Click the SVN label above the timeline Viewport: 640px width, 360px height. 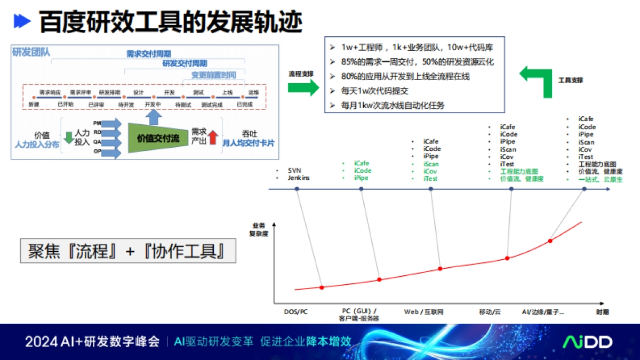point(294,170)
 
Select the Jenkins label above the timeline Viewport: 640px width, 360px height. point(299,178)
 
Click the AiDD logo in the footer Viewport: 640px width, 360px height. point(588,342)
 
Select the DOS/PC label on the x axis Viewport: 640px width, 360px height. point(295,311)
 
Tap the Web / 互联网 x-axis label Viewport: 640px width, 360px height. point(424,311)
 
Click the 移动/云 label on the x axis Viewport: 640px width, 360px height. point(489,311)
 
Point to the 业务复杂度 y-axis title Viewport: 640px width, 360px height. point(258,229)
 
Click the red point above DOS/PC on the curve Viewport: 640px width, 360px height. point(322,287)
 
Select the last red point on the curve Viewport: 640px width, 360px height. point(550,241)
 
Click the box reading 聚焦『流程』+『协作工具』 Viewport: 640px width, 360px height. point(128,251)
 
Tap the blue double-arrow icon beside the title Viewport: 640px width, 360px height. point(22,21)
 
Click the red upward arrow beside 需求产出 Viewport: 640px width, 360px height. point(213,137)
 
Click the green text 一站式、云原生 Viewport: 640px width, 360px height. point(600,180)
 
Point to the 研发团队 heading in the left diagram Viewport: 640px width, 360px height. point(31,52)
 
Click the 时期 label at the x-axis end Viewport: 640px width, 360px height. point(603,311)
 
